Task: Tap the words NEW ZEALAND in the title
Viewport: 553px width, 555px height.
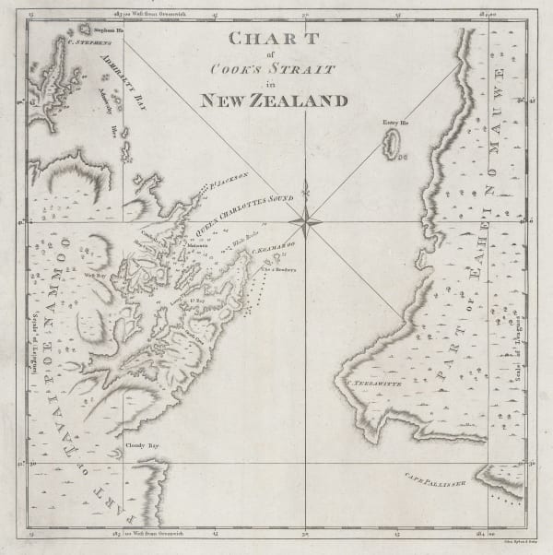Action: tap(275, 100)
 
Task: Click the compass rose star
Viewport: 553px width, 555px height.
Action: tap(303, 221)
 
